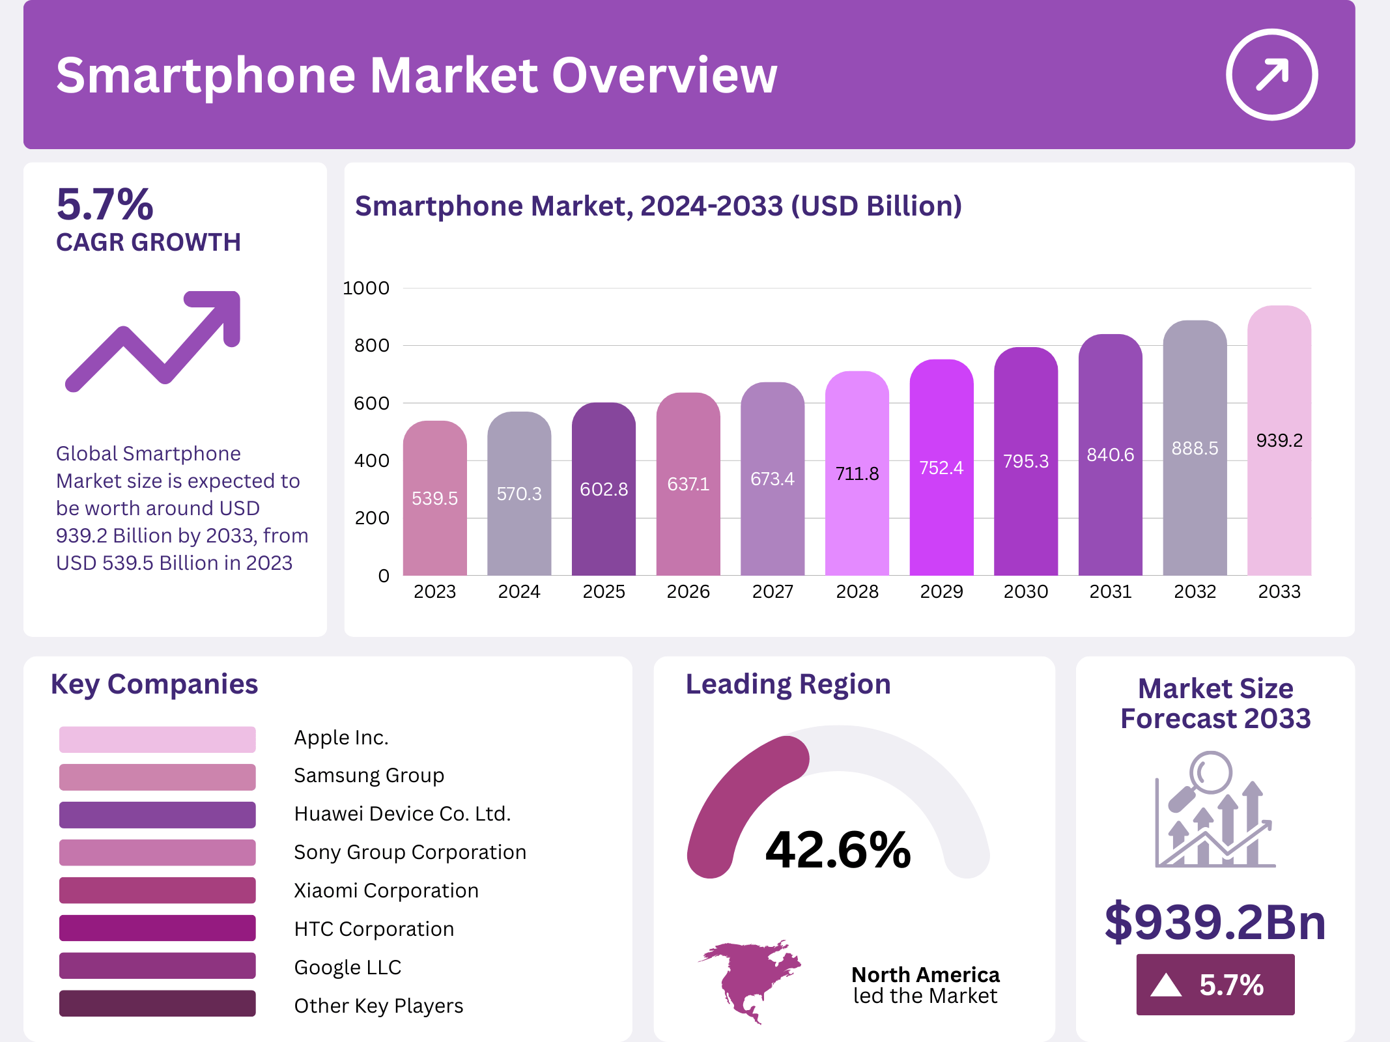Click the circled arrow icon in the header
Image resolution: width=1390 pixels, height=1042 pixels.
[1271, 74]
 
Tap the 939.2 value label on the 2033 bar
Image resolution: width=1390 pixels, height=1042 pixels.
[1279, 441]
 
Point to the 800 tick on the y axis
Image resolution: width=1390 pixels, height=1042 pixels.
[371, 346]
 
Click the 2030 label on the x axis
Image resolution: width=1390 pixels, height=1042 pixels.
[1026, 591]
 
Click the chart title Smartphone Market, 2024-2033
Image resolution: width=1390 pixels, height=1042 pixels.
[658, 206]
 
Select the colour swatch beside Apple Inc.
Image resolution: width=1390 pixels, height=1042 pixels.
[157, 739]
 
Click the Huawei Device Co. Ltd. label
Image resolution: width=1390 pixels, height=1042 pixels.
[402, 814]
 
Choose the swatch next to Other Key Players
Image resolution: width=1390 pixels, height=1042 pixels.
[157, 1004]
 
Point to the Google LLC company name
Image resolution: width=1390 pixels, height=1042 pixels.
[347, 967]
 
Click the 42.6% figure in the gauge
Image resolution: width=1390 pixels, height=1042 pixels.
[838, 850]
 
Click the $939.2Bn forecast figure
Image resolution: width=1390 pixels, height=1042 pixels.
[1215, 922]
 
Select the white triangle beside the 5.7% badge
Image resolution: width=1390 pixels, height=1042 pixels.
[1165, 985]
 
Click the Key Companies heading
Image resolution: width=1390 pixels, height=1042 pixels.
[154, 684]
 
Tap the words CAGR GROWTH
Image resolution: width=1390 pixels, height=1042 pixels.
[149, 242]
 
